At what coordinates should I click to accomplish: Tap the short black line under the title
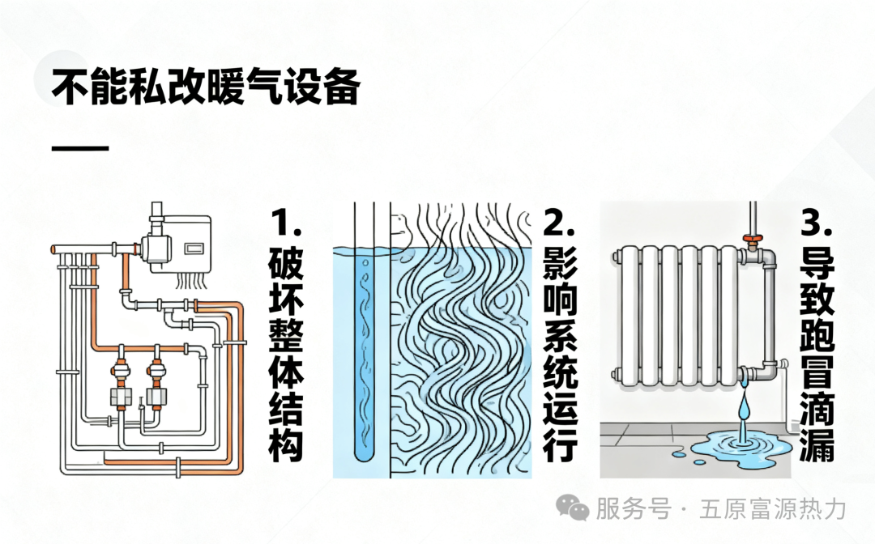[x=79, y=149]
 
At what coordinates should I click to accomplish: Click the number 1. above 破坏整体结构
[x=285, y=223]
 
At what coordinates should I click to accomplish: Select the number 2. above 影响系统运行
[x=559, y=223]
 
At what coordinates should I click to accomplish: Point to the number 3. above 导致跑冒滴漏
[x=816, y=223]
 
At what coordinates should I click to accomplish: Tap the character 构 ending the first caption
[x=285, y=445]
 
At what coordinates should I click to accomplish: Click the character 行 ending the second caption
[x=559, y=445]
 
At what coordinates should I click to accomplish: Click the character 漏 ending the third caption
[x=816, y=445]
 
